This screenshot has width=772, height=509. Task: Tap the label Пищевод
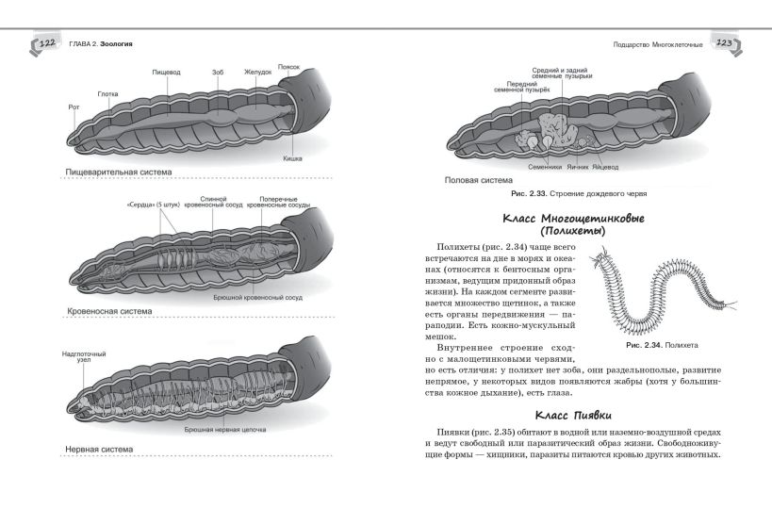[168, 72]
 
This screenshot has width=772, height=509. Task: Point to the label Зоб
[217, 72]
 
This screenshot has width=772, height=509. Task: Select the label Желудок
[257, 72]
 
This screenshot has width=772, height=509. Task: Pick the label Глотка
[107, 93]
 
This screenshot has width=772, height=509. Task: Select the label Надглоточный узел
[85, 357]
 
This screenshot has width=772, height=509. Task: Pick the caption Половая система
[478, 179]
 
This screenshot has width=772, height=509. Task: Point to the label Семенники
[545, 168]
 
